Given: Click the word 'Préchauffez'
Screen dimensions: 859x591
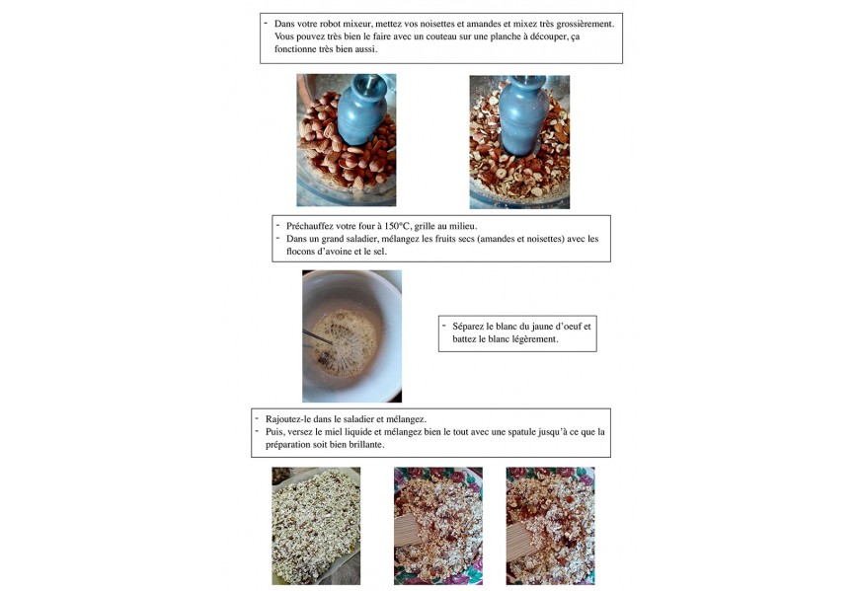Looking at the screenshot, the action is [309, 226].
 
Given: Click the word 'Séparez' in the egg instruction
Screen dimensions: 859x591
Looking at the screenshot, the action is [468, 327].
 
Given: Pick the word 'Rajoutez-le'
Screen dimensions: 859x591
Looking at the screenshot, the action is [287, 419].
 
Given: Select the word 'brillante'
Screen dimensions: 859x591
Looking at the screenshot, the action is [366, 445].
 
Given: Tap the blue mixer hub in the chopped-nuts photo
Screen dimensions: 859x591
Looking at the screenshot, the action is [523, 113].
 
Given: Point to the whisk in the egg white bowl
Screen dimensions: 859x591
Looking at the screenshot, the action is [318, 343].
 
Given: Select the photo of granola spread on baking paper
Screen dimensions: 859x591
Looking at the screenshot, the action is [316, 526].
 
